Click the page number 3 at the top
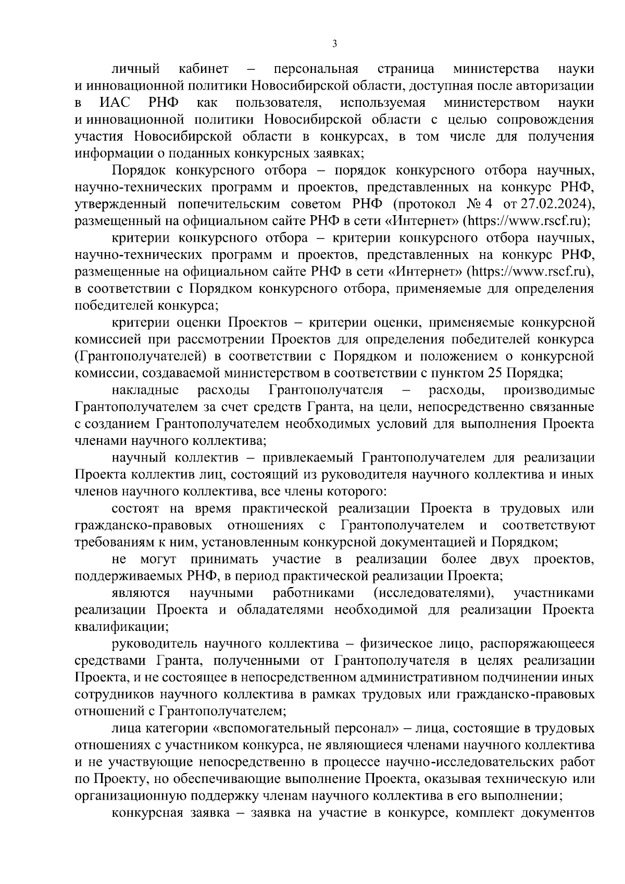pyautogui.click(x=334, y=44)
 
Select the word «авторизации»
pyautogui.click(x=558, y=86)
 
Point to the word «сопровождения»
pyautogui.click(x=545, y=119)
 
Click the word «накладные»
pyautogui.click(x=145, y=390)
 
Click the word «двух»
pyautogui.click(x=505, y=559)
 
